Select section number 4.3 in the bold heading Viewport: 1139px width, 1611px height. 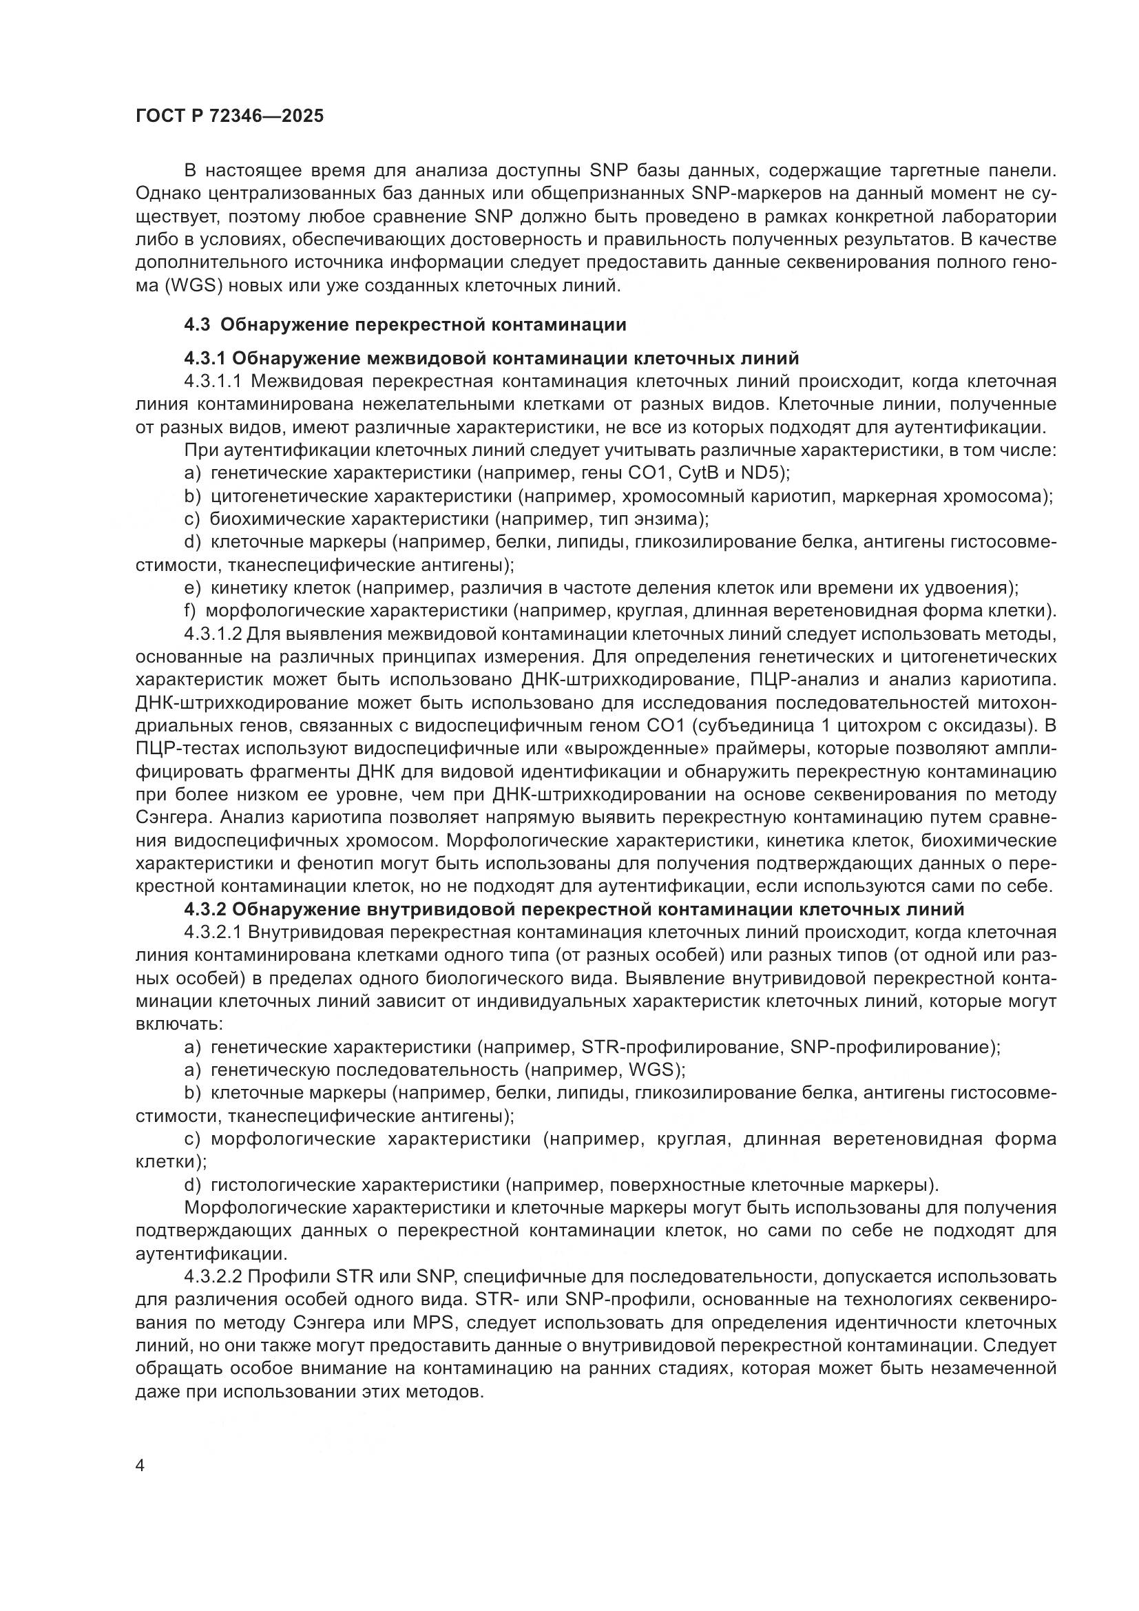coord(198,325)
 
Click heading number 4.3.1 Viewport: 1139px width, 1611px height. coord(204,359)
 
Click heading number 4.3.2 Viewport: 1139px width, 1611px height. coord(204,909)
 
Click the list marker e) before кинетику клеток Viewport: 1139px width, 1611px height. coord(193,588)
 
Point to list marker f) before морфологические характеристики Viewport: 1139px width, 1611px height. coord(191,611)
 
